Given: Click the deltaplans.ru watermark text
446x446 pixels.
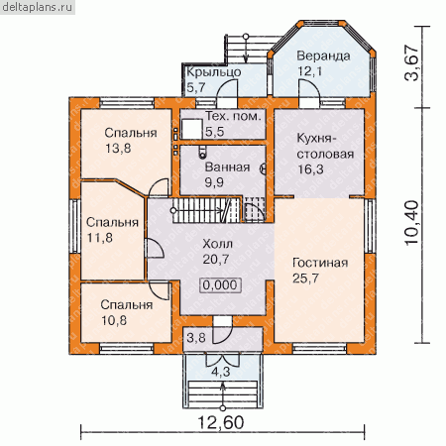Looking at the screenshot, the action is (37, 7).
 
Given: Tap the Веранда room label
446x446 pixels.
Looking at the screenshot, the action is (323, 56).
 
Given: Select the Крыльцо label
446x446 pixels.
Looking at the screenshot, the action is (214, 72).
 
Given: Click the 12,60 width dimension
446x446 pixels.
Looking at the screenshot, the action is (221, 422).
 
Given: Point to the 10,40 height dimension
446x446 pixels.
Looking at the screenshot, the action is (412, 223).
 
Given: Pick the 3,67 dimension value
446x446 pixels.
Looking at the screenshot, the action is (412, 62).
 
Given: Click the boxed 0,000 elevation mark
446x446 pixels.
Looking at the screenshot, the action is (220, 285).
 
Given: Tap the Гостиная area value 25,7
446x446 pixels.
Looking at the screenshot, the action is (305, 279).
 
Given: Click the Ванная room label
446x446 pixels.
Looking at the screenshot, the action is (227, 167).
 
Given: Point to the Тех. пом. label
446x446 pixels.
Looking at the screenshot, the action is (233, 116).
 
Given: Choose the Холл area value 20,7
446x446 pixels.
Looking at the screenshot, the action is (216, 260).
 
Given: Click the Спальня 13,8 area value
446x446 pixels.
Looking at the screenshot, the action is (118, 149).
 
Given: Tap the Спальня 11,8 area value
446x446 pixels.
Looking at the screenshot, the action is (99, 238).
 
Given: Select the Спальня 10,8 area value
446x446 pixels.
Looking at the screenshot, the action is (114, 320).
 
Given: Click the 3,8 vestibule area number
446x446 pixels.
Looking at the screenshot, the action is (196, 338).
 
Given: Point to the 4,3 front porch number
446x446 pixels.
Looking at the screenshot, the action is (221, 372).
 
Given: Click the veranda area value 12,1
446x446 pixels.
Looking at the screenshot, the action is (310, 71).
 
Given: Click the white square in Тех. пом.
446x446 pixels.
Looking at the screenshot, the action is (192, 129).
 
